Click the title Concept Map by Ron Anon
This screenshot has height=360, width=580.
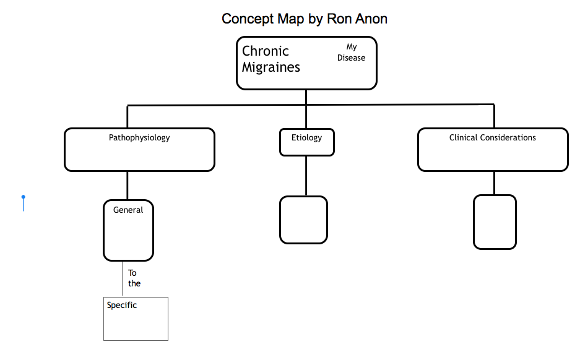coord(304,19)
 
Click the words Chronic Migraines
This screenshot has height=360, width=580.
coord(271,59)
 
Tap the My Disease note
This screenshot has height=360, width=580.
coord(351,53)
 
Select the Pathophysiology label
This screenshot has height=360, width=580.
coord(139,137)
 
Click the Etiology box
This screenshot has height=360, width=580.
coord(307,141)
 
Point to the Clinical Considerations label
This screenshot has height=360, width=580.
coord(492,137)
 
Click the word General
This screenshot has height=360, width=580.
coord(128,210)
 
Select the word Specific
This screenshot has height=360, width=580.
coord(122,305)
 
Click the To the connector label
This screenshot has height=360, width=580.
coord(134,278)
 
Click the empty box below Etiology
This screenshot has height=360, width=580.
coord(303,220)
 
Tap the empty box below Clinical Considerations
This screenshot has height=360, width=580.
coord(495,222)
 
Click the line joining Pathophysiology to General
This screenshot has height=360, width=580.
coord(128,186)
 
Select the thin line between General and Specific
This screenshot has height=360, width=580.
coord(123,279)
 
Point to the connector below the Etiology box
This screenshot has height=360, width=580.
coord(306,176)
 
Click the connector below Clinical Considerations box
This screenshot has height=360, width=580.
coord(494,183)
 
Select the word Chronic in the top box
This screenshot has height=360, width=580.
coord(265,51)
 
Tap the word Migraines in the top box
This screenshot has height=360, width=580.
coord(271,67)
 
